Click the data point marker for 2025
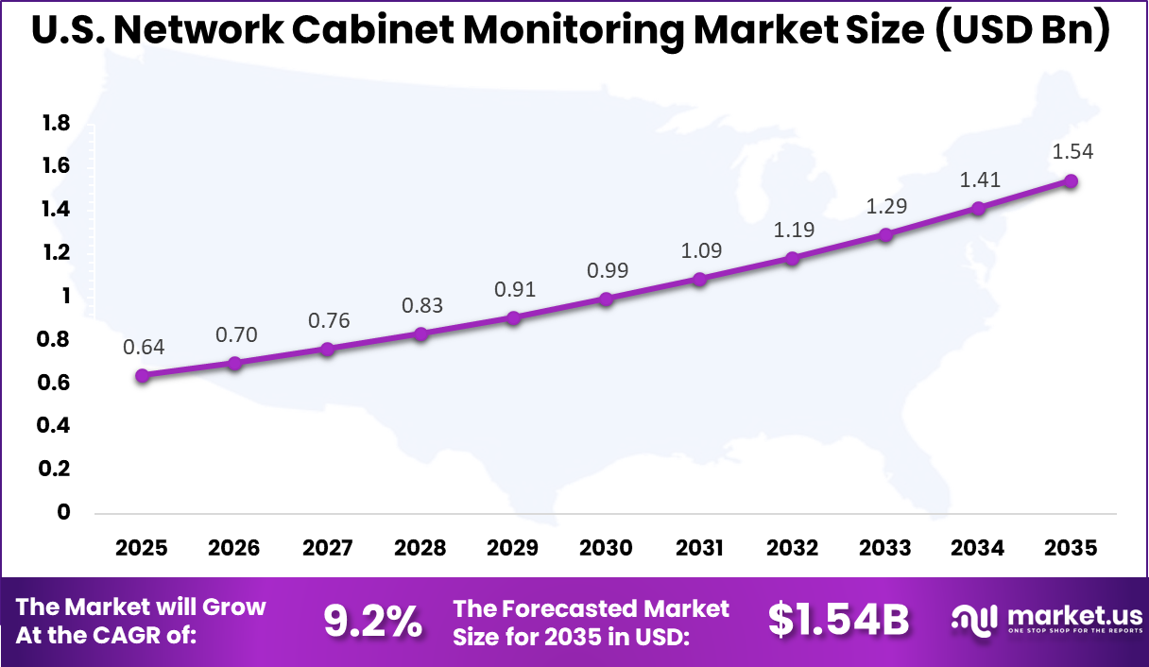tap(143, 375)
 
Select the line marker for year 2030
tap(607, 299)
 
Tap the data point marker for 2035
tap(1071, 180)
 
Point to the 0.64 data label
tap(143, 347)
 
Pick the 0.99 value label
tap(607, 270)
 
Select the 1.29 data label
tap(885, 205)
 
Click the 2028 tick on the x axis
tap(420, 549)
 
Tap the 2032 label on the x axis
tap(792, 549)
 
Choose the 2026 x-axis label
tap(235, 549)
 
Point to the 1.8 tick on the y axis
tap(56, 123)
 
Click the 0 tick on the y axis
tap(64, 512)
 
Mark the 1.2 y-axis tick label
tap(56, 252)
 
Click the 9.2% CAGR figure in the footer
tap(372, 621)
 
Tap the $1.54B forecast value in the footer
tap(837, 621)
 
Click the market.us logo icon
tap(975, 620)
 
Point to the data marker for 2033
tap(885, 234)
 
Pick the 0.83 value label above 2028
tap(420, 305)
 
